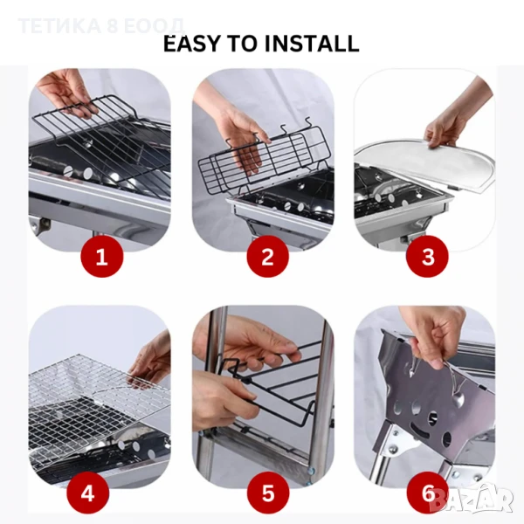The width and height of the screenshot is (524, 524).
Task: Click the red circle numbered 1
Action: tap(102, 257)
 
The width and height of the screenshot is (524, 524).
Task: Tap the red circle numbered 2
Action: tap(268, 257)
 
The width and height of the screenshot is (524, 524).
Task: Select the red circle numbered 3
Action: tap(427, 257)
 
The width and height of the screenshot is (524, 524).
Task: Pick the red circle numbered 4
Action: tap(88, 493)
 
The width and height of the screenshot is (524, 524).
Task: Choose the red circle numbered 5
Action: tap(268, 493)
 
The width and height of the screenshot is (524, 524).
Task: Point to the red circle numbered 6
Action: tap(428, 493)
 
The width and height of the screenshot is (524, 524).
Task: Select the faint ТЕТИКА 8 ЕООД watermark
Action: tap(101, 26)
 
